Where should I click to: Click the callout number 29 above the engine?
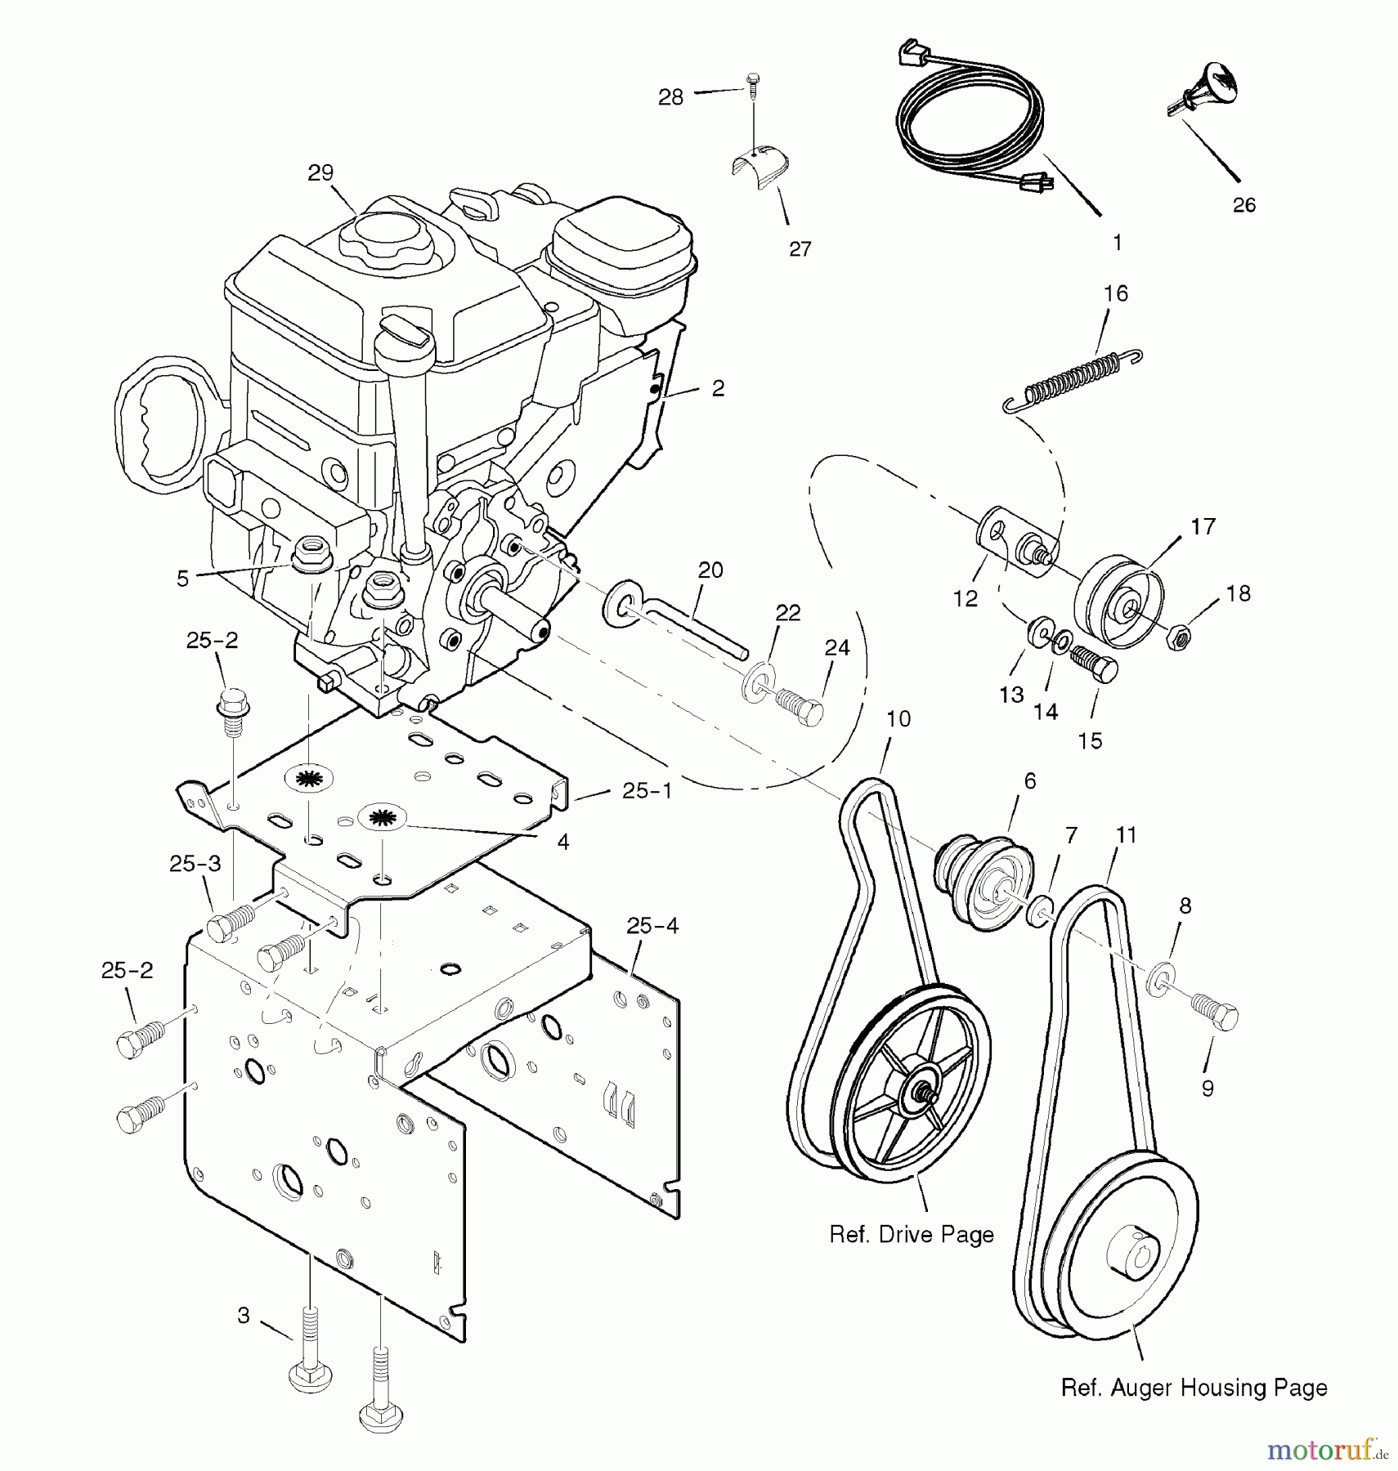[320, 173]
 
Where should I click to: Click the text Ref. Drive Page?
[912, 1234]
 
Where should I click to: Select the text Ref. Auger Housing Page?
[1194, 1387]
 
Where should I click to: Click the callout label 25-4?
[652, 926]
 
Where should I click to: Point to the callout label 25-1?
[647, 790]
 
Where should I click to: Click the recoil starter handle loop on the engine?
[164, 425]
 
